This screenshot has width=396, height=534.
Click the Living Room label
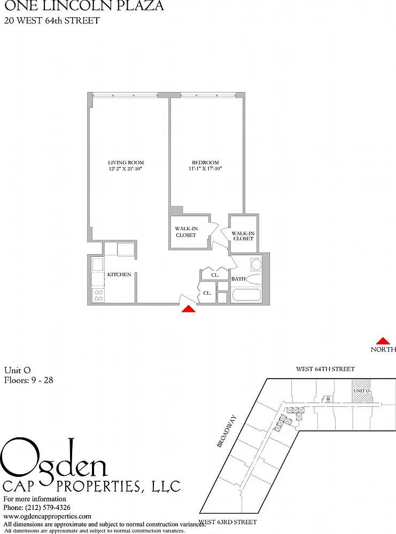[126, 162]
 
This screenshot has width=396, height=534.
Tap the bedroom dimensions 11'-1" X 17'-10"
[205, 168]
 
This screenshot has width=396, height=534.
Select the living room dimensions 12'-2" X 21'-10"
[125, 168]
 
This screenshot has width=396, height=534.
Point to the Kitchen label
[119, 274]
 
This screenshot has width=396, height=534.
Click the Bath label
[238, 279]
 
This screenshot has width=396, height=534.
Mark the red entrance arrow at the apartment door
[189, 309]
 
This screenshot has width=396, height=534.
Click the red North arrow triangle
[383, 341]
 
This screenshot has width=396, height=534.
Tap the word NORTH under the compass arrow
[383, 349]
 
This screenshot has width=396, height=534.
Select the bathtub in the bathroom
[246, 295]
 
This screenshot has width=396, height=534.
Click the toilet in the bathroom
[254, 279]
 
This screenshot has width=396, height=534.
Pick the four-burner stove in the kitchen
[98, 295]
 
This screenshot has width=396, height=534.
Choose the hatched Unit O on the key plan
[361, 391]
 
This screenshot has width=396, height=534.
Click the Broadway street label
[226, 430]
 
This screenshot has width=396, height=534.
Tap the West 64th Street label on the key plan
[325, 369]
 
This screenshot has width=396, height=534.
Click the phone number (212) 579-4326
[48, 507]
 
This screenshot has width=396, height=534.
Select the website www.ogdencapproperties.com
[48, 516]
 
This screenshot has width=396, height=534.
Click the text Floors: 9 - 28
[29, 380]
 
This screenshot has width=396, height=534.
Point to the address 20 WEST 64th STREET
[52, 20]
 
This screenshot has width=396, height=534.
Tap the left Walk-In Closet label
[186, 232]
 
